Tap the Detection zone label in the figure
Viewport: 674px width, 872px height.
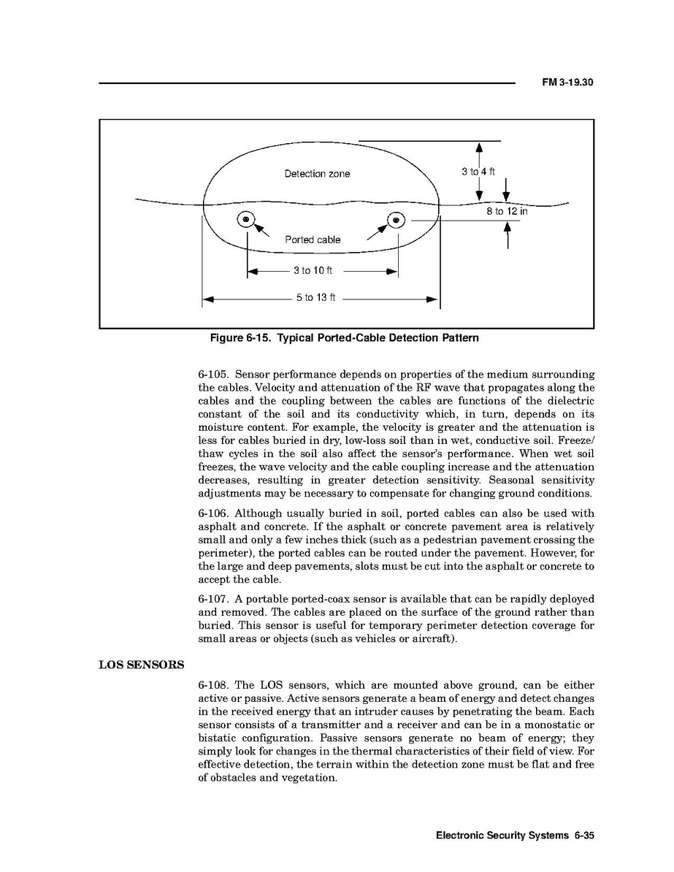tap(317, 174)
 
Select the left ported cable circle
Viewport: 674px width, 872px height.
tap(246, 219)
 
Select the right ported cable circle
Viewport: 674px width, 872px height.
tap(397, 219)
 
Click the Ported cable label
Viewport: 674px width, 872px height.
tap(313, 240)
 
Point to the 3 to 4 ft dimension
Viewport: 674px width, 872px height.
tap(478, 172)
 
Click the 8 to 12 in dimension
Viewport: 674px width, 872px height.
tap(507, 211)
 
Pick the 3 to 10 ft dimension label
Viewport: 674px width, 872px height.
tap(313, 271)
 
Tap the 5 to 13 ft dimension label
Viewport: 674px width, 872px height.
tap(315, 298)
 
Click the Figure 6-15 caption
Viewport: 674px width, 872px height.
tap(344, 338)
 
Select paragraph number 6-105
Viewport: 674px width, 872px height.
tap(213, 375)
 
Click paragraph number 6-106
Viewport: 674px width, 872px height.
tap(213, 513)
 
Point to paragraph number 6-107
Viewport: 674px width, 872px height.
tap(213, 599)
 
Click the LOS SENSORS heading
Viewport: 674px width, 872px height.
tap(141, 665)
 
